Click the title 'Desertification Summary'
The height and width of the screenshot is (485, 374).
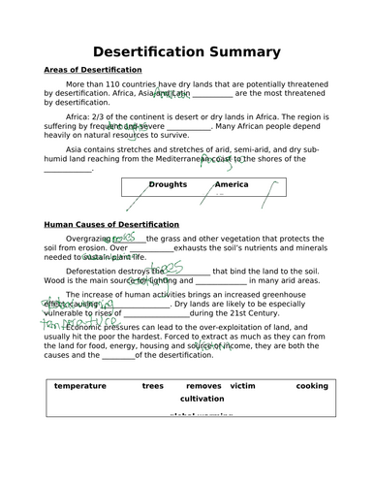(186, 50)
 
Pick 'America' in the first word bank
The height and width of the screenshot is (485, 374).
(231, 184)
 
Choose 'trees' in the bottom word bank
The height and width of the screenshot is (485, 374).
(152, 385)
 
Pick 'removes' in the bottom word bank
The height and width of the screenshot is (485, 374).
(203, 385)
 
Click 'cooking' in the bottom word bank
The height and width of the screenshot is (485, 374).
(311, 385)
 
